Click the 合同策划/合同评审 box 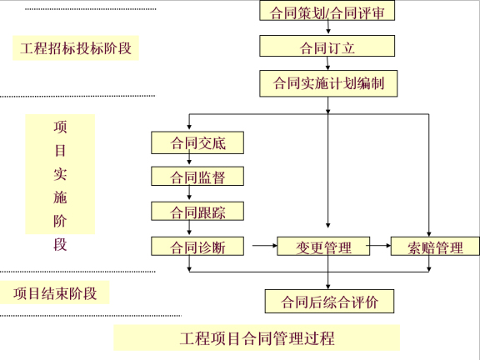[x=327, y=12]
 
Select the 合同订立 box [x=327, y=47]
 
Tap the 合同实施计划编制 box [x=327, y=83]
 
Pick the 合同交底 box [x=198, y=142]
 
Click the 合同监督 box [x=198, y=177]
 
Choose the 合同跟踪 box [x=198, y=212]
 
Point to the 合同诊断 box [x=198, y=247]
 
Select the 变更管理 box [x=325, y=247]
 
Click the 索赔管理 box [x=435, y=247]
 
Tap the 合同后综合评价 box [x=328, y=301]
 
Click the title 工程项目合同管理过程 [x=257, y=338]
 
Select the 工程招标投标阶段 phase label [x=75, y=48]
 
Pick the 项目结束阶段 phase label [x=56, y=293]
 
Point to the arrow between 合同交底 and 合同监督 [x=198, y=160]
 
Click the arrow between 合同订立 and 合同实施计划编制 [x=327, y=65]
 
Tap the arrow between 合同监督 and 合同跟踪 [x=198, y=195]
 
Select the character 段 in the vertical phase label [x=60, y=244]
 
